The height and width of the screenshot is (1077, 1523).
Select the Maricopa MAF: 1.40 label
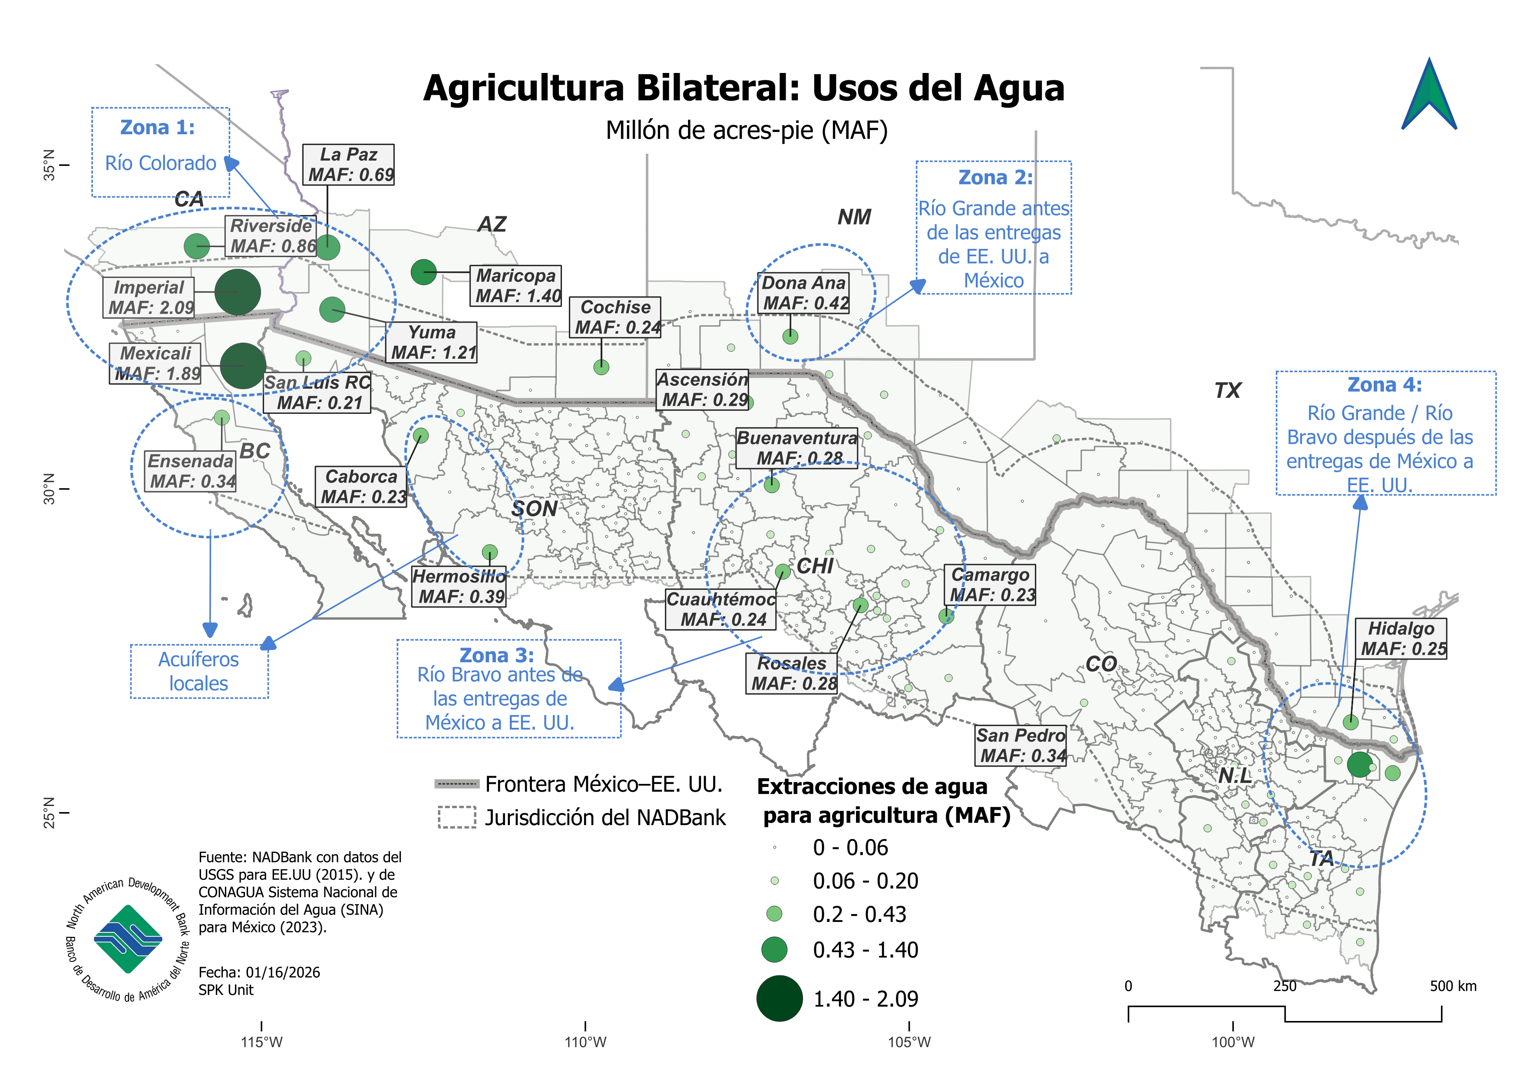pos(517,286)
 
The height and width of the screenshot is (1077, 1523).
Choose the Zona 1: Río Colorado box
pos(161,152)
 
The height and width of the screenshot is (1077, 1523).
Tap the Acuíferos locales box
pos(199,671)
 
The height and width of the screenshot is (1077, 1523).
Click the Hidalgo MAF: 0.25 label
pos(1401,639)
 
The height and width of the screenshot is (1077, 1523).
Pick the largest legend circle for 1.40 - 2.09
pos(780,998)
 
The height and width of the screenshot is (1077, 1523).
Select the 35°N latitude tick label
pos(50,165)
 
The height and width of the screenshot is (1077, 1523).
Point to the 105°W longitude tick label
pos(909,1042)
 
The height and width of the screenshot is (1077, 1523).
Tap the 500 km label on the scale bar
pos(1453,986)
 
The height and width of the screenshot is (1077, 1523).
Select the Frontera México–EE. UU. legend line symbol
pos(456,784)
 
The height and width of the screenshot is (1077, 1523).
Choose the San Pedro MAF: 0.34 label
pos(1021,745)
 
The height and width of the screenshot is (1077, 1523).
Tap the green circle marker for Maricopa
pos(423,271)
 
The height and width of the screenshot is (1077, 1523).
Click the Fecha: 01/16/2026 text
pos(259,972)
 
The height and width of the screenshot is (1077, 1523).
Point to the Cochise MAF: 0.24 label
pos(615,317)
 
